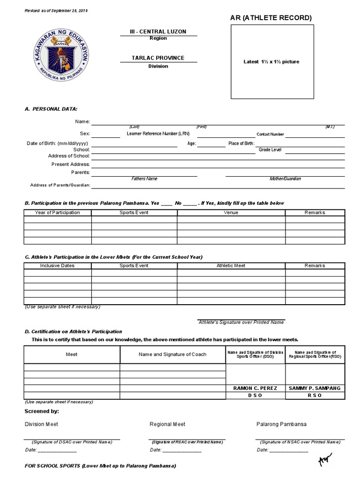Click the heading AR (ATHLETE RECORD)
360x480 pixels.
(x=271, y=18)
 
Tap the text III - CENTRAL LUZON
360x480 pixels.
(x=157, y=32)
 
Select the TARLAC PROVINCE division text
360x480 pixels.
(x=157, y=58)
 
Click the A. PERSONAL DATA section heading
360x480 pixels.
(x=48, y=109)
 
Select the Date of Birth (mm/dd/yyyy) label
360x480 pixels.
(x=57, y=143)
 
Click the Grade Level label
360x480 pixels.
(x=270, y=150)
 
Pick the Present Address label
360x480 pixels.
(x=70, y=165)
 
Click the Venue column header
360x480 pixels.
(x=231, y=213)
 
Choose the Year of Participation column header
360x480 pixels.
(x=58, y=213)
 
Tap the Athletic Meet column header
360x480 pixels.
(x=231, y=266)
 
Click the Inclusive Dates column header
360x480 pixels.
(x=57, y=266)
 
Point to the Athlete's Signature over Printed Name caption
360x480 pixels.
(x=241, y=322)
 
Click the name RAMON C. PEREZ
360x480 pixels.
(x=255, y=388)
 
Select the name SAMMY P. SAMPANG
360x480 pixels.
(x=315, y=388)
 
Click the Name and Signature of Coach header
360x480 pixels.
(x=172, y=354)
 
